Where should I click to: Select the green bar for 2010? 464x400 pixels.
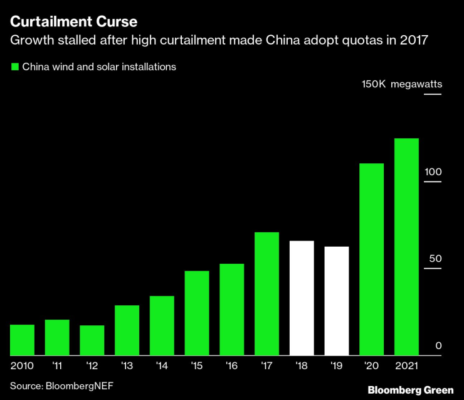[x=23, y=339]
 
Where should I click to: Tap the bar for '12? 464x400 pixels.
[x=92, y=340]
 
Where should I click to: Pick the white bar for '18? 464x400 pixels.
[x=302, y=298]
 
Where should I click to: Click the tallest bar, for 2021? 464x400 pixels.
[x=406, y=246]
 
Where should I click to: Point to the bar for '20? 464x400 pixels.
[x=371, y=259]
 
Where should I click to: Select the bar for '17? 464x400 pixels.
[x=266, y=293]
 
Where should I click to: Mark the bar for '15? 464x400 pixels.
[x=197, y=313]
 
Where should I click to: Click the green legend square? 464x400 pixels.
[x=14, y=67]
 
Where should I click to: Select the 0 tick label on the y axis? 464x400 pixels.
[x=439, y=345]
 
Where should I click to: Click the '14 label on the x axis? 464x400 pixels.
[x=161, y=365]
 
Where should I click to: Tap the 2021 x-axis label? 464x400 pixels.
[x=406, y=365]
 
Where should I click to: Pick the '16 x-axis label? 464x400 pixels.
[x=231, y=365]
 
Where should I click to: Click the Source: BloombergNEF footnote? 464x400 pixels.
[x=61, y=384]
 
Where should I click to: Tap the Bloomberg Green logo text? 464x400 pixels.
[x=411, y=390]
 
